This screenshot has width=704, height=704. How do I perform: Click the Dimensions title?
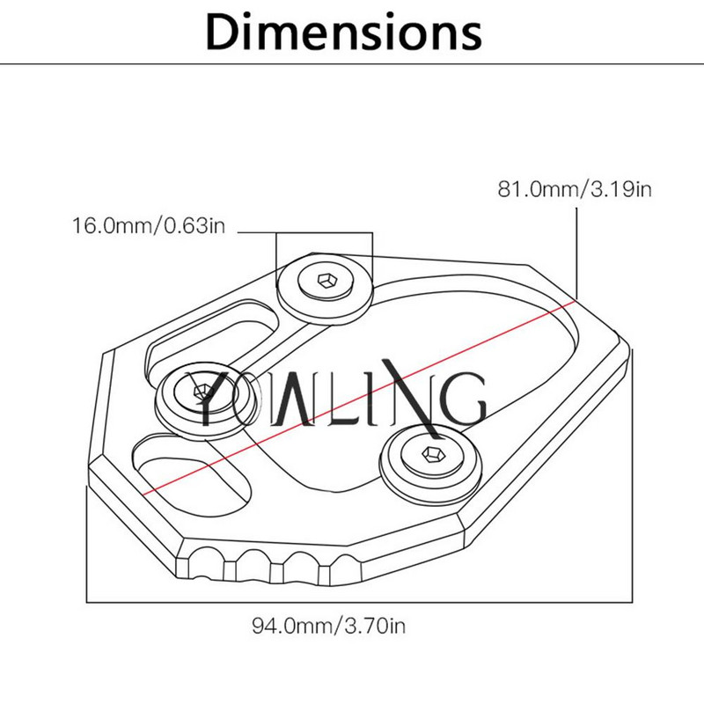coord(344,33)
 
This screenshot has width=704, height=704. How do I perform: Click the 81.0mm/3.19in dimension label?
coord(575,189)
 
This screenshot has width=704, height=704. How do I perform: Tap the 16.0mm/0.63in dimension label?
coord(149,225)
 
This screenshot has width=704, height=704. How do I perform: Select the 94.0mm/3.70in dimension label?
coord(328,626)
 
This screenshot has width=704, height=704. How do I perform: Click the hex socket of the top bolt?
coord(326,281)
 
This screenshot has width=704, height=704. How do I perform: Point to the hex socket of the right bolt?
coord(434,455)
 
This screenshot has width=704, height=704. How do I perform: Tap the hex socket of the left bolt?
coord(201,392)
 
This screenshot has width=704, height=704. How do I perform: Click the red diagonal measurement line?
coord(359,398)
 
